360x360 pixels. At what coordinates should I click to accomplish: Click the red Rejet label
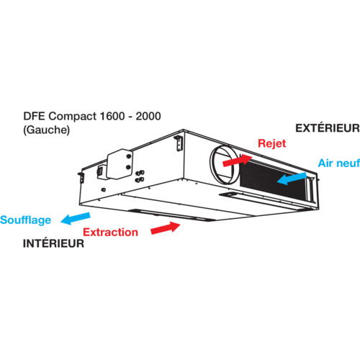click(x=271, y=144)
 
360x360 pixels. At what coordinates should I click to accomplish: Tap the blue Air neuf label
click(x=339, y=163)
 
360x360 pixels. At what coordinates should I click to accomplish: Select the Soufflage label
click(x=25, y=220)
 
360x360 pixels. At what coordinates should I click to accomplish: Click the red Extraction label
click(x=110, y=233)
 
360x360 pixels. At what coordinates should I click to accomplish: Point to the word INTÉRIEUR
click(x=53, y=243)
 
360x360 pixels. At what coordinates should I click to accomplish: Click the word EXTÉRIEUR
click(x=328, y=128)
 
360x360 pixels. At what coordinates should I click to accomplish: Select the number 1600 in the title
click(x=112, y=116)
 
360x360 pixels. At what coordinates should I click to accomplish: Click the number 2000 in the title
click(x=148, y=116)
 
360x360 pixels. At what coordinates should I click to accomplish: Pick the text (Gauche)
click(x=47, y=130)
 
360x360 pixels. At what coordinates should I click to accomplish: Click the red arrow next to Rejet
click(x=238, y=161)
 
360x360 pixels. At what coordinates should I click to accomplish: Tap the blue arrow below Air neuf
click(x=292, y=179)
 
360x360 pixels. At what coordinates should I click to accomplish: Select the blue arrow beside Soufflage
click(x=76, y=218)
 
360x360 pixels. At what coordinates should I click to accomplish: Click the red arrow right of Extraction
click(x=166, y=228)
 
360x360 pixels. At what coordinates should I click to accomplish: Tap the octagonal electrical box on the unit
click(x=120, y=164)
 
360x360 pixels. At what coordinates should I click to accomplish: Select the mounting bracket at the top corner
click(x=179, y=143)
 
